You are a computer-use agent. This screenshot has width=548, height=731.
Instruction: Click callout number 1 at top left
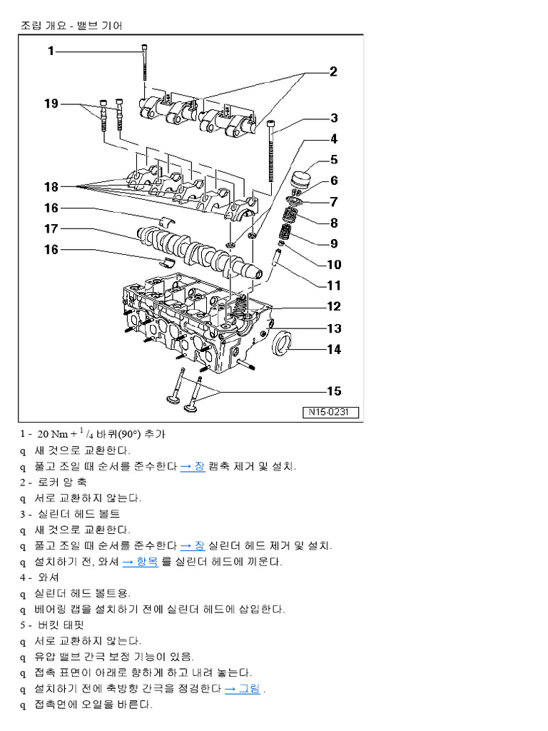tap(51, 51)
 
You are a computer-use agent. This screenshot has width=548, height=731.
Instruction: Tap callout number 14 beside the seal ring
tap(334, 349)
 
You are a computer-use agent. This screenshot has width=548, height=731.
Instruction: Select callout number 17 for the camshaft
tap(51, 229)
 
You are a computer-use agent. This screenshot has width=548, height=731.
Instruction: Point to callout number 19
tap(51, 104)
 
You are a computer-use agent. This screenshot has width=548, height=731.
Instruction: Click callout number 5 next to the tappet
tap(334, 160)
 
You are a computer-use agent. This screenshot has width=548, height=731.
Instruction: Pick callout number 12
tap(334, 307)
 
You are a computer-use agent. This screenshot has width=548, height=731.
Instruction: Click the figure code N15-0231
tap(333, 413)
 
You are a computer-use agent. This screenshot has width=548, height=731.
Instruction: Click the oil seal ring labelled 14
tap(283, 346)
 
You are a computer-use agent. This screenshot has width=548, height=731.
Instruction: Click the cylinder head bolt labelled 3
tap(272, 153)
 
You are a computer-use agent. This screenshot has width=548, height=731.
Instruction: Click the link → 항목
tap(140, 562)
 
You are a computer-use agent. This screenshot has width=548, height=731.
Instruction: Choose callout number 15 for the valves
tap(334, 390)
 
